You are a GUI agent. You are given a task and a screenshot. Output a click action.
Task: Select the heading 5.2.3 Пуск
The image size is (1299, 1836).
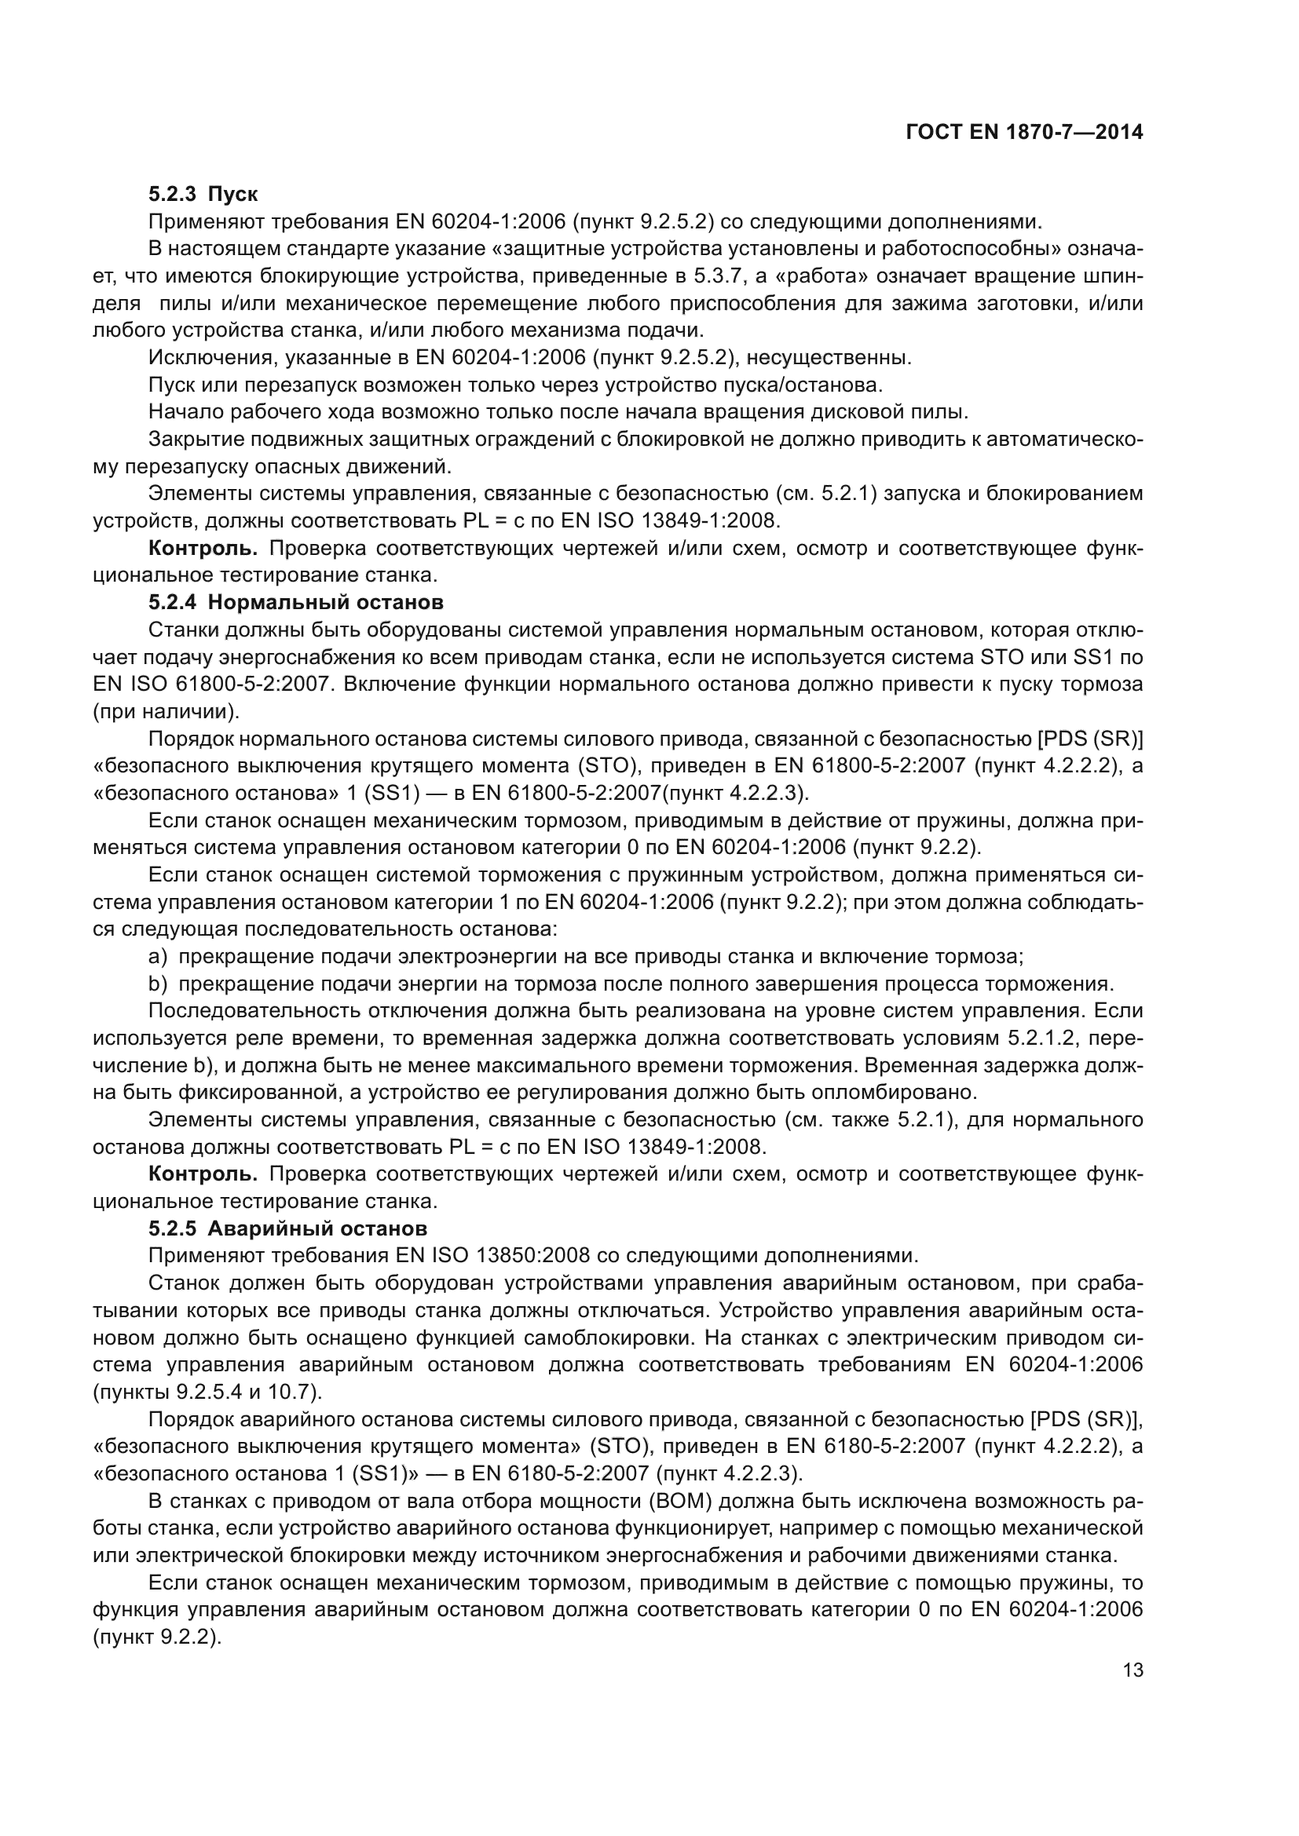(203, 195)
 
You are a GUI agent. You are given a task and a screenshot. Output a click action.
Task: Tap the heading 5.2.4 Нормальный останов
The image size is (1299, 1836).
(296, 601)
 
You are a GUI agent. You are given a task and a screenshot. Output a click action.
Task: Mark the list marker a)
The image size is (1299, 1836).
(158, 956)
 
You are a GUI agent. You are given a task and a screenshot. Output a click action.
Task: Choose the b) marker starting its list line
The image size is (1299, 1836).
(158, 984)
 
